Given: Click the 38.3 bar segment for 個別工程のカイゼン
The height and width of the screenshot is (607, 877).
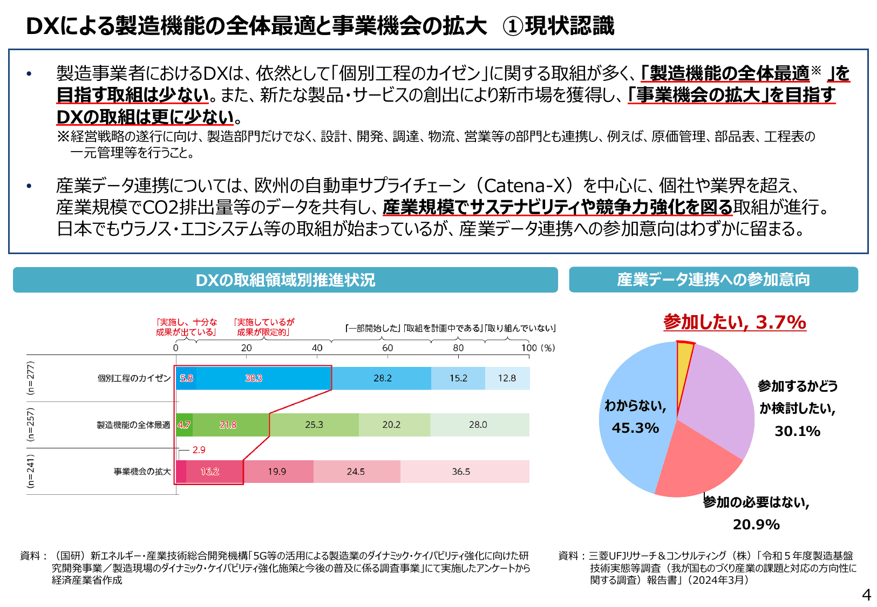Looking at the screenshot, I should pyautogui.click(x=254, y=378).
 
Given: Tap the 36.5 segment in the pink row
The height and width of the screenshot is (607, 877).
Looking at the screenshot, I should pyautogui.click(x=462, y=472).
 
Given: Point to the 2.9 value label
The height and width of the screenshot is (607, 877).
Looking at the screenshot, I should pyautogui.click(x=199, y=450).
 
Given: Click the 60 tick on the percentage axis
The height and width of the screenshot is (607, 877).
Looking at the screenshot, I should pyautogui.click(x=387, y=348).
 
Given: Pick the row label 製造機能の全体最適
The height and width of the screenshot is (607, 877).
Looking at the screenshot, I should pyautogui.click(x=133, y=425).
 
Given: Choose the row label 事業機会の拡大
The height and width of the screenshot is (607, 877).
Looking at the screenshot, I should pyautogui.click(x=142, y=472).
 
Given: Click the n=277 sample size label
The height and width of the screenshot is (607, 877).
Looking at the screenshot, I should pyautogui.click(x=31, y=378).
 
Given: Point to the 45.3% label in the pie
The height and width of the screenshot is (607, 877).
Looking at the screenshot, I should pyautogui.click(x=635, y=428).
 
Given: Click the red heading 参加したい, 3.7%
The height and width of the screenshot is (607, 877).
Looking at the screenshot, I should pyautogui.click(x=735, y=322).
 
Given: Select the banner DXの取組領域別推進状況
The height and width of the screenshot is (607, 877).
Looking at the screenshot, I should pyautogui.click(x=285, y=280).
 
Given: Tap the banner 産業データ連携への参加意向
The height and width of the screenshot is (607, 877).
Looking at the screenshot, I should pyautogui.click(x=713, y=279).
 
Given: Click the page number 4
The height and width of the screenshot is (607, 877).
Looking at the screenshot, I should pyautogui.click(x=866, y=595).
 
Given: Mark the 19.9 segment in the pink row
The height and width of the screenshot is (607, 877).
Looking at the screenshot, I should pyautogui.click(x=277, y=472).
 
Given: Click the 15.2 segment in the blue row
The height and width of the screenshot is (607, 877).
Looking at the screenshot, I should pyautogui.click(x=458, y=378).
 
